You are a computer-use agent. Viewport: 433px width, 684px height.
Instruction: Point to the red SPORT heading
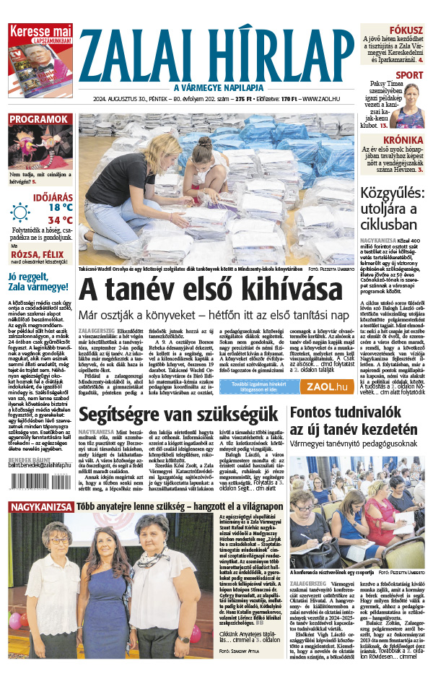click(x=409, y=75)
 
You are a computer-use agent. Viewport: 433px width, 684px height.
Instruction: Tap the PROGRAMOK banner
click(x=39, y=118)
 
